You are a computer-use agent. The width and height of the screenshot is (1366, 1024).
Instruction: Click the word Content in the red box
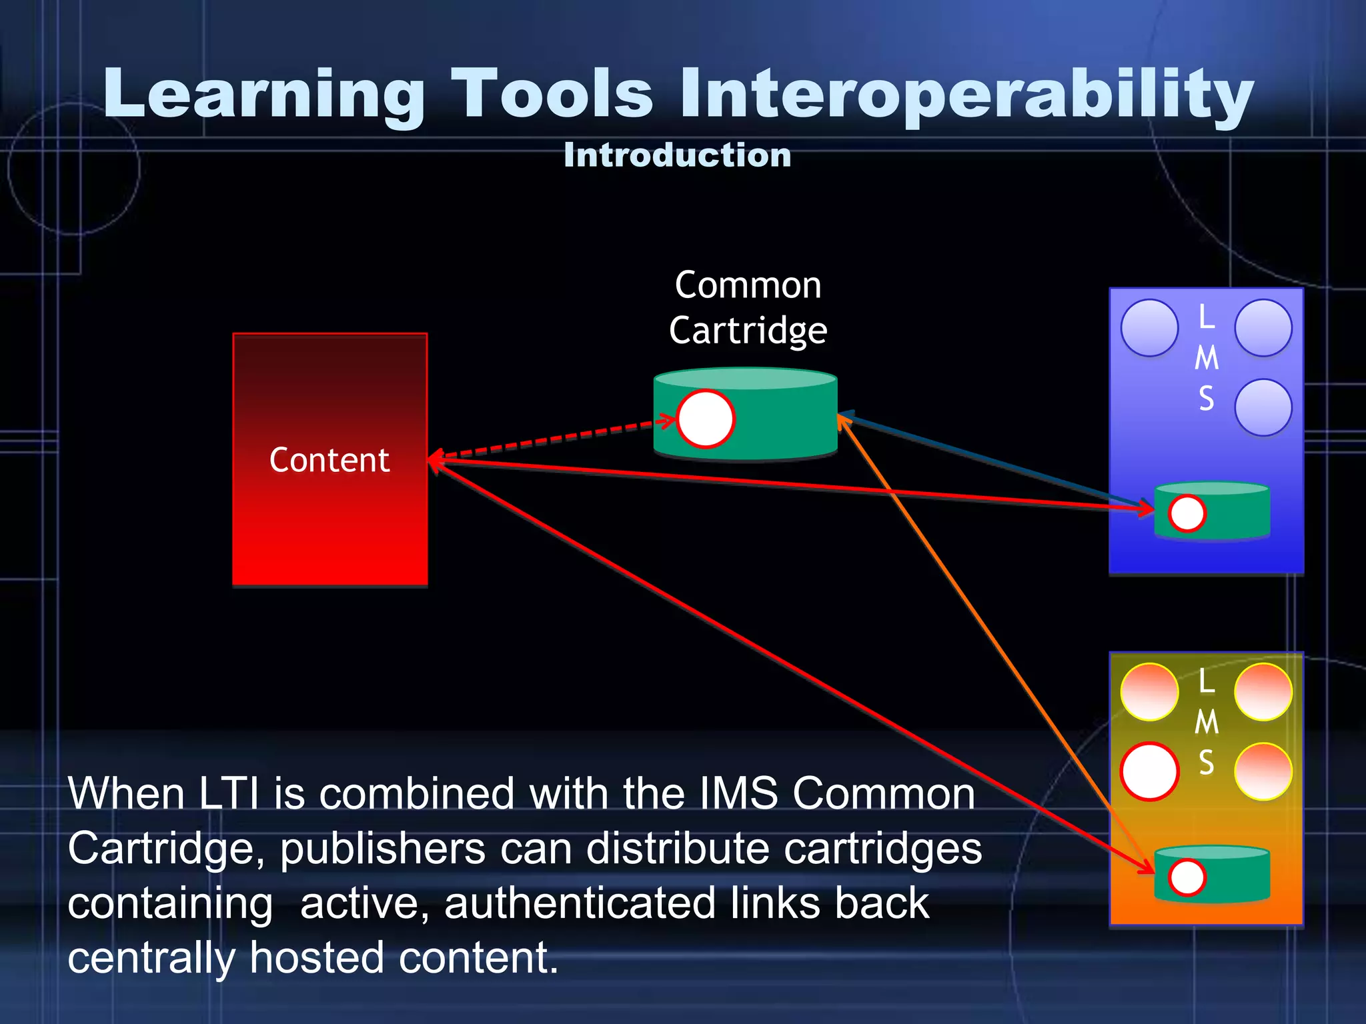pyautogui.click(x=329, y=460)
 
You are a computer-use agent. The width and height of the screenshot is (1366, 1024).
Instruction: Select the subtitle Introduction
pyautogui.click(x=677, y=155)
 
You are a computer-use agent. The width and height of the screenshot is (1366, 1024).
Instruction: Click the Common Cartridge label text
pyautogui.click(x=748, y=308)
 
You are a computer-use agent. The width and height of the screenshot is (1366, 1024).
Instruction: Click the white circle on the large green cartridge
pyautogui.click(x=706, y=419)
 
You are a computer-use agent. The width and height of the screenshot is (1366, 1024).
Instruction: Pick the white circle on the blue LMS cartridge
pyautogui.click(x=1187, y=513)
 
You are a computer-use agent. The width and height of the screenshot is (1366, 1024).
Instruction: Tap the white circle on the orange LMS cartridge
pyautogui.click(x=1187, y=877)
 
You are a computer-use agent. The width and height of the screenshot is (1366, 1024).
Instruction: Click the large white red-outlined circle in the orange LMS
pyautogui.click(x=1149, y=771)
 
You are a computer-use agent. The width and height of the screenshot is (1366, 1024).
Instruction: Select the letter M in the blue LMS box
pyautogui.click(x=1206, y=359)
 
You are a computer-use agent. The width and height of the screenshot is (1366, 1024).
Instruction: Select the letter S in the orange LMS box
pyautogui.click(x=1206, y=763)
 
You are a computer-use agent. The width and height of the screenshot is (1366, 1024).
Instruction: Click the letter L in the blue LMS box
pyautogui.click(x=1206, y=317)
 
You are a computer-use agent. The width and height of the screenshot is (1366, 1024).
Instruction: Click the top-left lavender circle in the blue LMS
pyautogui.click(x=1149, y=328)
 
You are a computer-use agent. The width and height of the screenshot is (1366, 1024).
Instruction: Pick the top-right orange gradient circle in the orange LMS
pyautogui.click(x=1263, y=692)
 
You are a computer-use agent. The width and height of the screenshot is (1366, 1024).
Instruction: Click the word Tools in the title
pyautogui.click(x=552, y=95)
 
